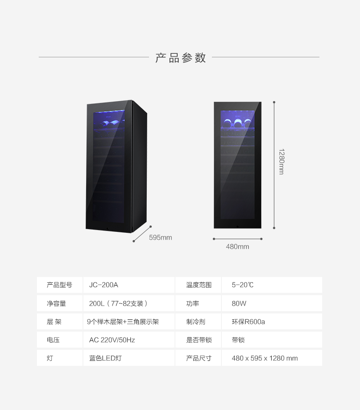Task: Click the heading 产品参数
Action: pyautogui.click(x=180, y=58)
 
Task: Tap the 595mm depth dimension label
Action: pyautogui.click(x=160, y=238)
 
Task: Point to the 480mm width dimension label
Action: pyautogui.click(x=237, y=247)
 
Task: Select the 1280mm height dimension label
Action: pyautogui.click(x=281, y=162)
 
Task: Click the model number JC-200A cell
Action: pyautogui.click(x=103, y=285)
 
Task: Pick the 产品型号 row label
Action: pyautogui.click(x=59, y=285)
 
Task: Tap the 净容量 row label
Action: pyautogui.click(x=56, y=303)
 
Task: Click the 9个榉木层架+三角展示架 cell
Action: pyautogui.click(x=123, y=322)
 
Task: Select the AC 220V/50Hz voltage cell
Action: pyautogui.click(x=112, y=340)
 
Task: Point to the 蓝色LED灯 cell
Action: pyautogui.click(x=105, y=358)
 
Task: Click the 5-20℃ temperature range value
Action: pyautogui.click(x=242, y=285)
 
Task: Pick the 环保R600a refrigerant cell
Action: pyautogui.click(x=248, y=322)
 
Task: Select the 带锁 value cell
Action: pyautogui.click(x=238, y=340)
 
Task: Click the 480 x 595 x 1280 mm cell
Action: pyautogui.click(x=264, y=358)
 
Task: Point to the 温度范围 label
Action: pyautogui.click(x=199, y=285)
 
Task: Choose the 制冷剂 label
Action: pyautogui.click(x=195, y=322)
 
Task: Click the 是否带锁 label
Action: pyautogui.click(x=199, y=340)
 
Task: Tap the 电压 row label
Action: pyautogui.click(x=53, y=340)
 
